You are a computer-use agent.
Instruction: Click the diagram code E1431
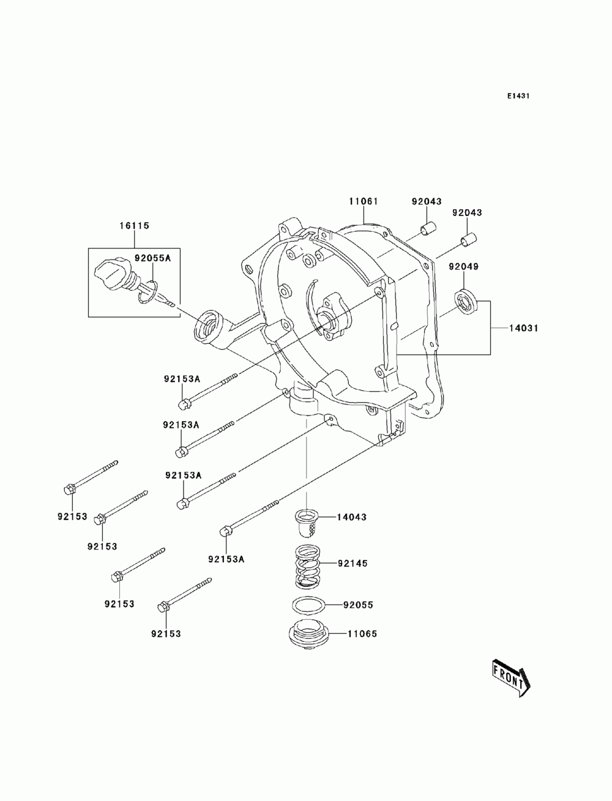518,96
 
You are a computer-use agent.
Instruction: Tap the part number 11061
363,201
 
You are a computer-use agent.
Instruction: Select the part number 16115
134,226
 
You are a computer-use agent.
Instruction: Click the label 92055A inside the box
152,258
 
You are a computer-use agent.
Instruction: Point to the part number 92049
463,266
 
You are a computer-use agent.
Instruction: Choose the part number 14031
524,328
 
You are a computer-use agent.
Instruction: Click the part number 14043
351,517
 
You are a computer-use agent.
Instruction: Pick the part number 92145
353,564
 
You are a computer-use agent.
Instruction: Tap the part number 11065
362,634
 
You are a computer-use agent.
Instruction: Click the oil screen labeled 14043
307,524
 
